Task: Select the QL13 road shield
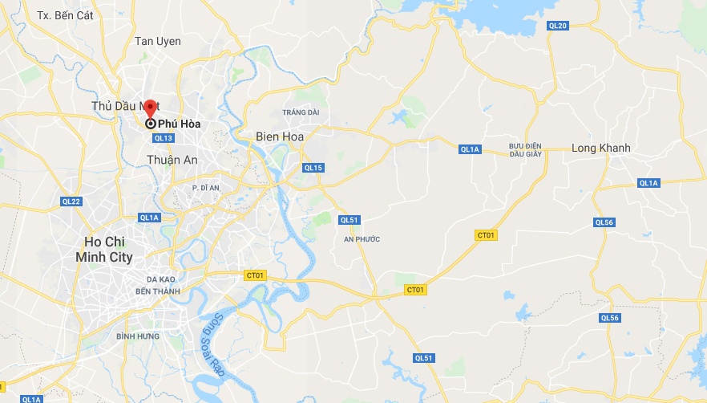pyautogui.click(x=163, y=138)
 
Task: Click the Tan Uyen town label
pyautogui.click(x=158, y=41)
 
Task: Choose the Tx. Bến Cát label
pyautogui.click(x=61, y=15)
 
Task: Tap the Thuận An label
pyautogui.click(x=172, y=160)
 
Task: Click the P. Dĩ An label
pyautogui.click(x=206, y=187)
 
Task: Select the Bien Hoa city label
pyautogui.click(x=280, y=136)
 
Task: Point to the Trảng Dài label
pyautogui.click(x=301, y=112)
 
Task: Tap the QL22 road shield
pyautogui.click(x=71, y=201)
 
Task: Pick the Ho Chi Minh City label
pyautogui.click(x=109, y=249)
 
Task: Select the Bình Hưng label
pyautogui.click(x=133, y=336)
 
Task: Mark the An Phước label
pyautogui.click(x=362, y=239)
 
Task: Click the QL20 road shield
pyautogui.click(x=557, y=26)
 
